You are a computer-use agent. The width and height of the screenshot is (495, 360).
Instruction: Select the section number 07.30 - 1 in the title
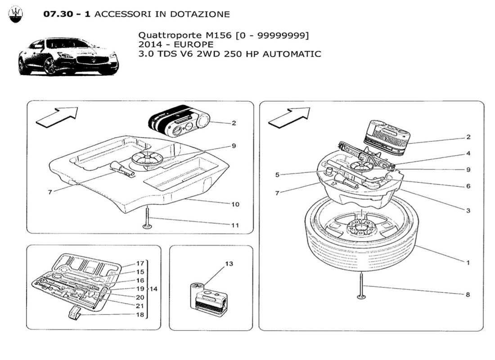tap(67, 14)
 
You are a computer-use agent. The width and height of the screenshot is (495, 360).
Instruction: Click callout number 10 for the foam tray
tap(235, 204)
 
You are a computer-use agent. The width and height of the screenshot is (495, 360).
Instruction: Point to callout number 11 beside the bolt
tap(235, 225)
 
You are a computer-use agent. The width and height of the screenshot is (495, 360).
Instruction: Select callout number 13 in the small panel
tap(229, 264)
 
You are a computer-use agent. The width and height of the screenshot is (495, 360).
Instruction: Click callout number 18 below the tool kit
tap(140, 315)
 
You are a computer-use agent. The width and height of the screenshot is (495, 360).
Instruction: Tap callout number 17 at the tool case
tap(140, 264)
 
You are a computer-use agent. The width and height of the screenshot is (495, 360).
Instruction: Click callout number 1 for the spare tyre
tap(468, 263)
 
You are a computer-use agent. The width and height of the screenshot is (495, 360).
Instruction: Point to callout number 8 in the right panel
tap(468, 294)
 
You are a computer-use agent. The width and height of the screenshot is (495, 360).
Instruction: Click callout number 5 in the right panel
tap(278, 174)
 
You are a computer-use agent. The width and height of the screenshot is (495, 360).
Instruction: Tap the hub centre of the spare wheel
tap(361, 229)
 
